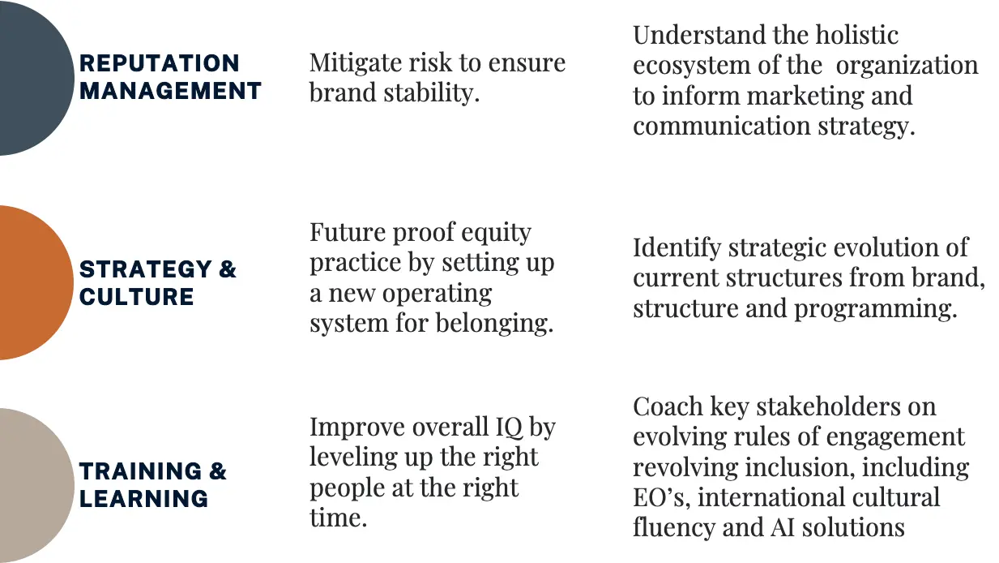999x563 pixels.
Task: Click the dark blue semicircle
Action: click(x=35, y=78)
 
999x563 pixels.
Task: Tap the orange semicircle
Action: click(x=35, y=282)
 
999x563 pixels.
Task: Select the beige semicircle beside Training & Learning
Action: click(x=35, y=486)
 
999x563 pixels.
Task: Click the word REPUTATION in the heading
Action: click(x=160, y=63)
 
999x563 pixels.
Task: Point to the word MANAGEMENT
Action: click(x=170, y=91)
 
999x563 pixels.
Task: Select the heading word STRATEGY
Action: click(x=145, y=269)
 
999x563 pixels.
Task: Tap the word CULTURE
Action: click(x=136, y=297)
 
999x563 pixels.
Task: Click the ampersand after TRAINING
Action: click(x=218, y=471)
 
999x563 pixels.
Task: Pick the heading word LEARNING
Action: click(x=143, y=499)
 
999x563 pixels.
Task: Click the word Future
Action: click(x=348, y=232)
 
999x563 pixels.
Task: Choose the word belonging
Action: click(x=494, y=324)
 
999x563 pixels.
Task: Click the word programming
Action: click(x=876, y=309)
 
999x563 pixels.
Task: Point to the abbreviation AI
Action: click(x=783, y=527)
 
